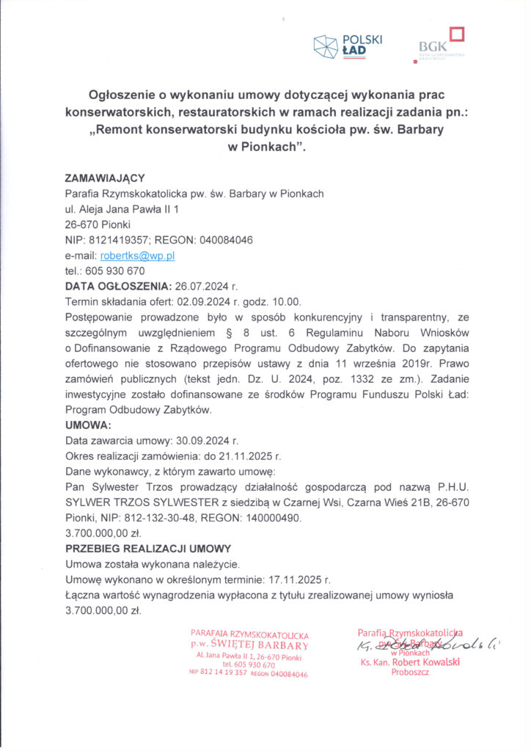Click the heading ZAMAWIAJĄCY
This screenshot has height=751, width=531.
[105, 178]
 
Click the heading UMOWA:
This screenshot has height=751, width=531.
[88, 425]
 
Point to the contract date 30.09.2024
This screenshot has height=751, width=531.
[202, 441]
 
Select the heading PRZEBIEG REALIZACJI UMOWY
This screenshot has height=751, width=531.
[148, 548]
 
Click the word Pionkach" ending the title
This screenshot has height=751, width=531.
[265, 146]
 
